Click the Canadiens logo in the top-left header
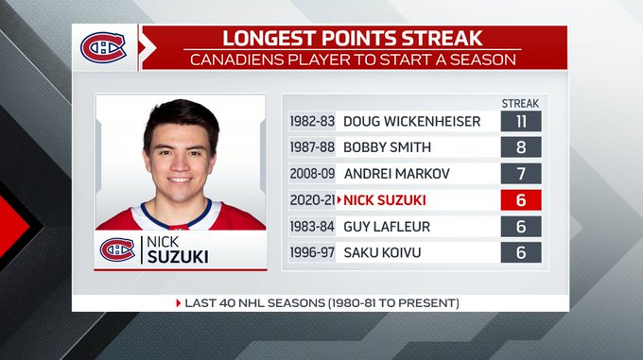pos(103,47)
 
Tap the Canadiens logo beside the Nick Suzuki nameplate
pos(117,249)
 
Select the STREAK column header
pos(520,104)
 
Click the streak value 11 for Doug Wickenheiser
pos(521,121)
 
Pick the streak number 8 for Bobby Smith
pos(521,147)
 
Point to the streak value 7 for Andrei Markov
pos(521,173)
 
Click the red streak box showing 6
pos(521,200)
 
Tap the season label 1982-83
pos(312,121)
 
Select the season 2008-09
pos(312,174)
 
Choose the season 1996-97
pos(312,252)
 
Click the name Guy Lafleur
pos(387,227)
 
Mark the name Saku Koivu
pos(382,252)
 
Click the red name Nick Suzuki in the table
pos(385,200)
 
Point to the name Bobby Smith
pos(387,147)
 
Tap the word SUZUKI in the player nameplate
pos(178,257)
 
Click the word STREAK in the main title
pos(442,38)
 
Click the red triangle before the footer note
pos(179,303)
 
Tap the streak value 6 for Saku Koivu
pos(521,252)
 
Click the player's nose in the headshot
pos(180,163)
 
